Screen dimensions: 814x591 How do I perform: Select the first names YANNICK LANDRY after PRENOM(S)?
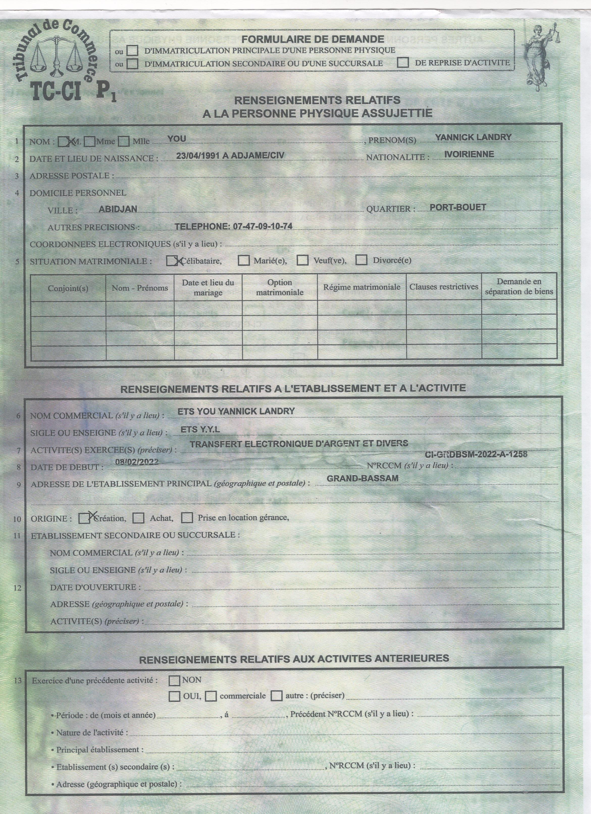(x=473, y=137)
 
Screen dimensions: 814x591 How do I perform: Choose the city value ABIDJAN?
(x=113, y=209)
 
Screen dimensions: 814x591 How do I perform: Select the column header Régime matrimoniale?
(x=362, y=287)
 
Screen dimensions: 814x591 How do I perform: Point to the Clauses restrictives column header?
(x=444, y=286)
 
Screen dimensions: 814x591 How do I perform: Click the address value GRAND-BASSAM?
(x=363, y=478)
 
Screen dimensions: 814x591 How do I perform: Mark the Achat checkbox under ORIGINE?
(x=139, y=518)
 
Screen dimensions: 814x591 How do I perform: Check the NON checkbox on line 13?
(x=175, y=680)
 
